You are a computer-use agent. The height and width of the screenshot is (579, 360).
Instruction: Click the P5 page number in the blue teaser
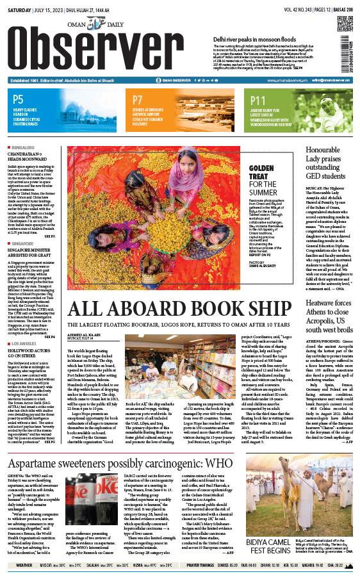18,99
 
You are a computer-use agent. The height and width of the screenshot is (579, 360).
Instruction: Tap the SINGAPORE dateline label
24,243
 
